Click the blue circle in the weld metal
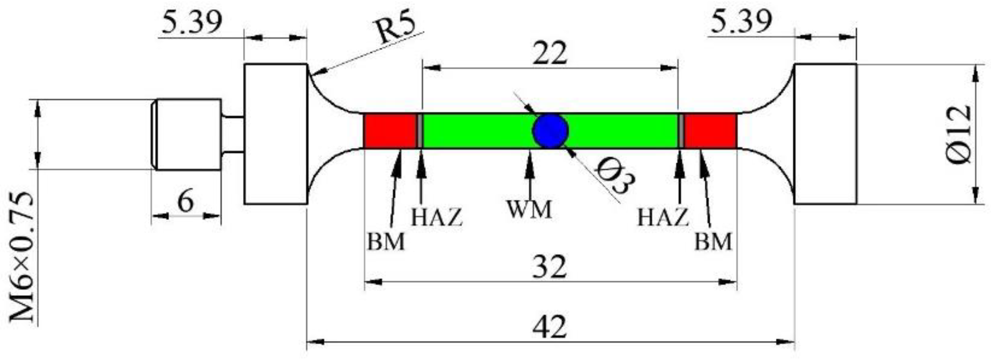[x=550, y=131]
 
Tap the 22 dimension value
[x=549, y=53]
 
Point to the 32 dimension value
[x=549, y=267]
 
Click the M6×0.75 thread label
[x=22, y=257]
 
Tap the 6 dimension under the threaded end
[x=186, y=201]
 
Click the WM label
[x=529, y=209]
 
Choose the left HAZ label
[x=437, y=217]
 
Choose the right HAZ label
[x=663, y=217]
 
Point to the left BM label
[x=386, y=242]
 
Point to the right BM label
[x=713, y=242]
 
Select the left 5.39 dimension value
[x=191, y=23]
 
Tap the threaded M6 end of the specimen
[x=186, y=134]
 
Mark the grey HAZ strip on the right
[x=681, y=131]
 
